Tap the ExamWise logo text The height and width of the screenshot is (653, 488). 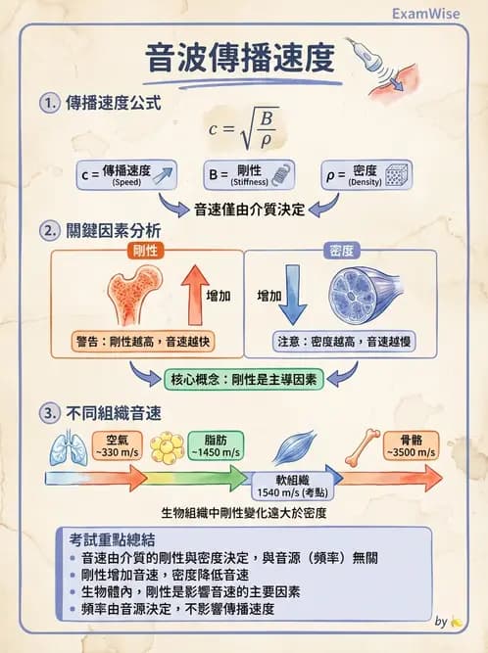[427, 15]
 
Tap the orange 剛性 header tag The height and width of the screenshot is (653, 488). [145, 251]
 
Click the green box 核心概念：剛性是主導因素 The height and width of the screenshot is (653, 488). [243, 379]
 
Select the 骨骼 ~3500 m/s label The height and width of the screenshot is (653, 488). [411, 445]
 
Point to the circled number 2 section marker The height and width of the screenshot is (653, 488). [49, 231]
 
